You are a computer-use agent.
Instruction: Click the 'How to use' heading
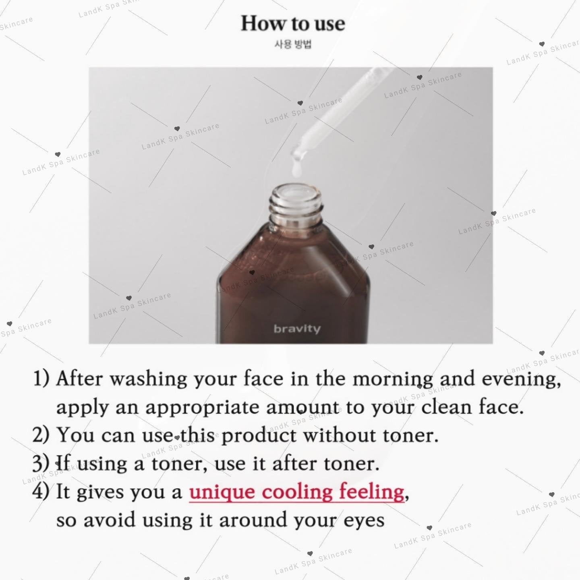[293, 23]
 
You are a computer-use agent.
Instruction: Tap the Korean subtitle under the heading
[293, 44]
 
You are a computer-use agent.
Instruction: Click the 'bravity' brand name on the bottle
[297, 328]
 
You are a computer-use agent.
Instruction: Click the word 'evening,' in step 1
[521, 379]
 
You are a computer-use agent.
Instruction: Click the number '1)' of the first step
[41, 378]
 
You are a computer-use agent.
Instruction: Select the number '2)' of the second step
[41, 435]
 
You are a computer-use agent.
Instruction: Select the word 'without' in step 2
[340, 435]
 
